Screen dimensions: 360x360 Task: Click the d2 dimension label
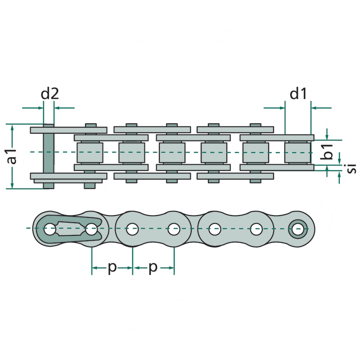49,94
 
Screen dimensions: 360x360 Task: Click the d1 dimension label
298,94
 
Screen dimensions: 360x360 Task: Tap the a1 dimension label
12,156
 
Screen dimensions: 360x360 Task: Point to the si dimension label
351,168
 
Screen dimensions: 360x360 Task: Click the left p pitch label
112,268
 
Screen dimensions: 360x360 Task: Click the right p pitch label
153,268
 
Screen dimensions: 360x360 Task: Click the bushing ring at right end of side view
298,229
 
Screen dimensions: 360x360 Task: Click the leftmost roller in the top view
90,153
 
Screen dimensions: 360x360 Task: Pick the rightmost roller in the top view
298,153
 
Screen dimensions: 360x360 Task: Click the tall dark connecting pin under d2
49,156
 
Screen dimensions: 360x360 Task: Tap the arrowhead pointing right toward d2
40,108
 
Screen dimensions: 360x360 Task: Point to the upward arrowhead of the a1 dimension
13,127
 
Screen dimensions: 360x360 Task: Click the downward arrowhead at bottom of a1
13,185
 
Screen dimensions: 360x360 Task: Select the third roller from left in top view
172,153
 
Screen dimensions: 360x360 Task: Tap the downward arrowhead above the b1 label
327,137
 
